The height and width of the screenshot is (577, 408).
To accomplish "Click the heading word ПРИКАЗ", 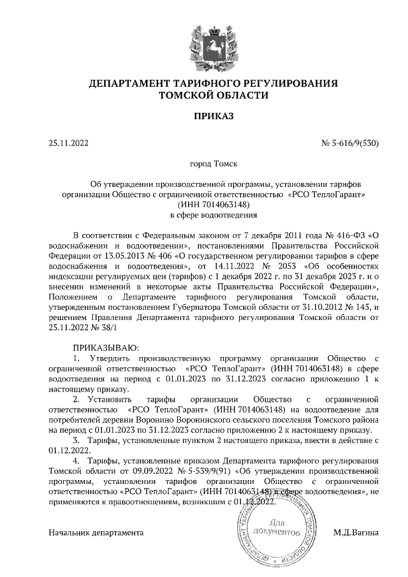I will point(204,116).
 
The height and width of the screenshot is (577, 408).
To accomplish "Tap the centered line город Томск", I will point(204,164).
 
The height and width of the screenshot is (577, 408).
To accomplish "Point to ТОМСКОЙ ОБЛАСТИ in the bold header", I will point(204,95).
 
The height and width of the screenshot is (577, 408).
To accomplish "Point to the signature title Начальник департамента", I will point(96,532).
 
